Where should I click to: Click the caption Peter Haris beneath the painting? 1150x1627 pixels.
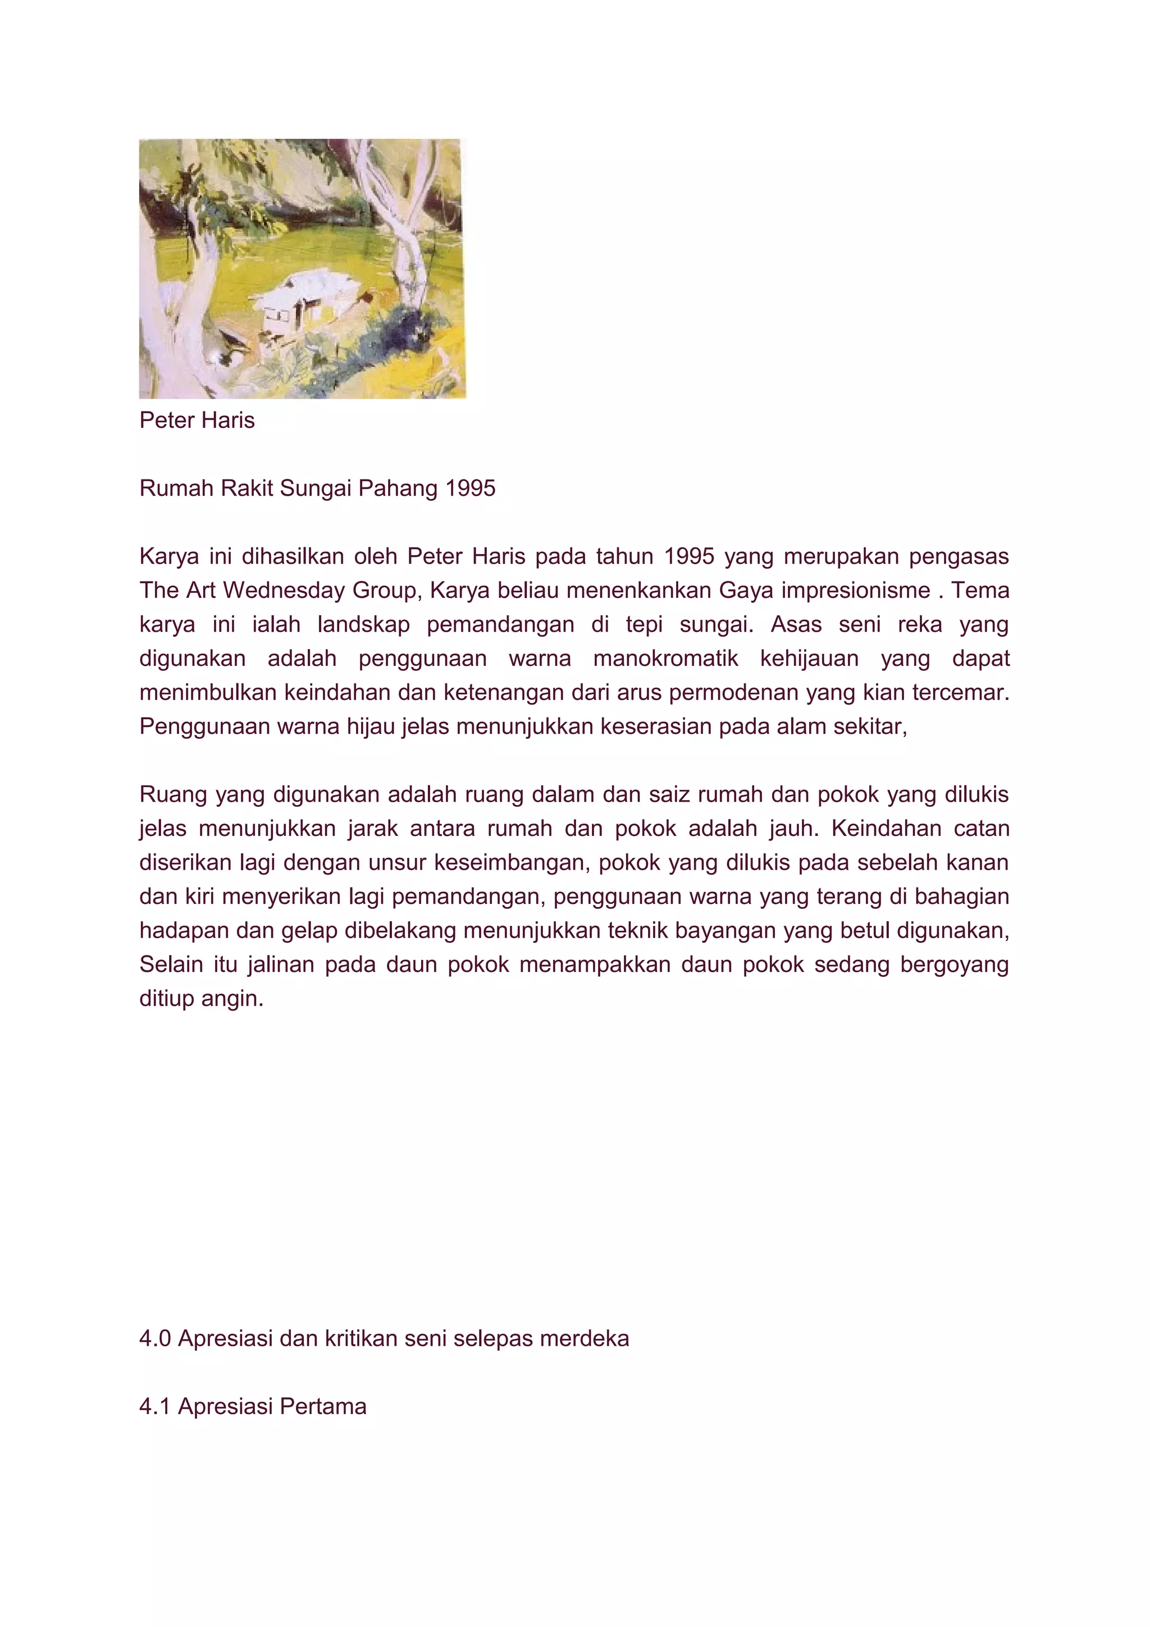point(197,420)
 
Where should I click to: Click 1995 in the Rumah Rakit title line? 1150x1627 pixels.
point(471,488)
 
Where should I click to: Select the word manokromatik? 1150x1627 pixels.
point(665,659)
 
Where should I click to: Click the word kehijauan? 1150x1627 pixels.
point(810,659)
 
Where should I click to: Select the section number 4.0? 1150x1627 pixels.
point(154,1338)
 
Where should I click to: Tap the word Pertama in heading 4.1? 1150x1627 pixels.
point(323,1406)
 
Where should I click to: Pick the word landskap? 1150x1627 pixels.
point(363,624)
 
